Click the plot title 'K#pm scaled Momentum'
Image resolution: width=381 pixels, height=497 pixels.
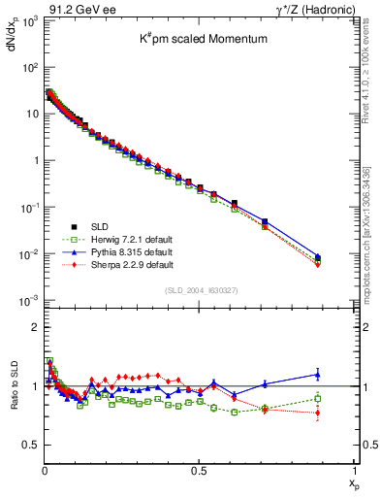(200, 42)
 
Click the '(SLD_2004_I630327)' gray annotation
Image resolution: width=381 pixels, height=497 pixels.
(200, 290)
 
